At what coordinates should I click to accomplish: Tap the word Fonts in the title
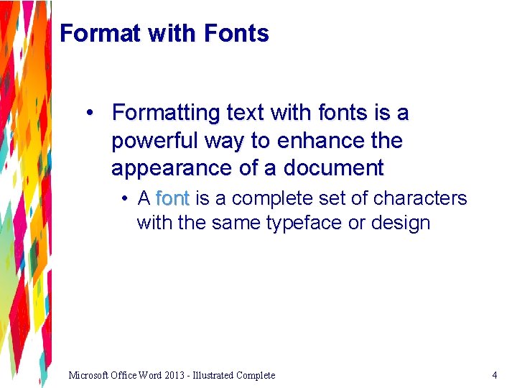tap(236, 33)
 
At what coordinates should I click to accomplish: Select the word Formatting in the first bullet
tap(166, 113)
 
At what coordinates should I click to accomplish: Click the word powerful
tap(155, 141)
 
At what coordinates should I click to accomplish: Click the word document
tap(334, 168)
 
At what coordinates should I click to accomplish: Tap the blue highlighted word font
tap(172, 198)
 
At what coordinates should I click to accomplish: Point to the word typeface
tap(304, 223)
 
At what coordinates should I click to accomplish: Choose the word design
tap(401, 223)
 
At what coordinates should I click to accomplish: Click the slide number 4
tap(494, 375)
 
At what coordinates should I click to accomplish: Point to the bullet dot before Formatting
tap(91, 113)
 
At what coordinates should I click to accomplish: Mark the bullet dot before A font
tap(125, 198)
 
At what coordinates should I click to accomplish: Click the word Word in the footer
tap(153, 375)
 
